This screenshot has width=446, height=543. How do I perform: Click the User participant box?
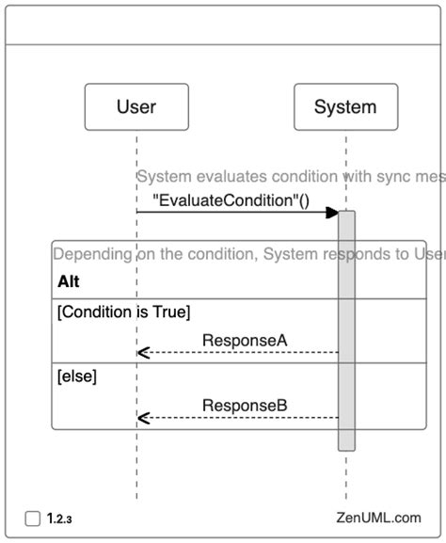point(136,106)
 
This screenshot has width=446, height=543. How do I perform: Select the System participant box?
point(345,106)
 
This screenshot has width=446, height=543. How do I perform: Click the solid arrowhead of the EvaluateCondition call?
point(331,213)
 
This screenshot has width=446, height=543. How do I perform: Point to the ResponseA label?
point(244,339)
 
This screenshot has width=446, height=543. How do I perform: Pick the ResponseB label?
point(244,406)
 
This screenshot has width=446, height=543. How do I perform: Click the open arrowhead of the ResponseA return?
point(142,353)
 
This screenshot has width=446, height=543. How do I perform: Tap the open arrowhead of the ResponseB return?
point(142,418)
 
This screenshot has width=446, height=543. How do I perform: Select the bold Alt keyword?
point(69,281)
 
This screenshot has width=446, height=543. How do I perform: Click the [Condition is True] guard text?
point(124,311)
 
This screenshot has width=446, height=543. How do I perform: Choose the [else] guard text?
point(77,376)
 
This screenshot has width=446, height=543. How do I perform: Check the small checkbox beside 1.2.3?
point(33,517)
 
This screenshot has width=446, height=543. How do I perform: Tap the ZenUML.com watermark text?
point(377,517)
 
